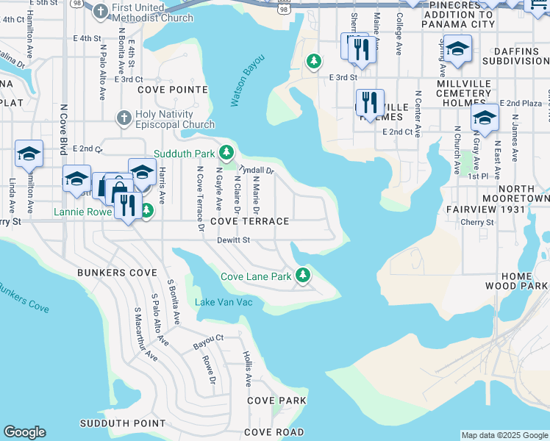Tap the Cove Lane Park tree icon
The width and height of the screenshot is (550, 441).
302,276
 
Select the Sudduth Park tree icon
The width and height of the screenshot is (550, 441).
227,152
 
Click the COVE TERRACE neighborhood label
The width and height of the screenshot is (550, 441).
249,221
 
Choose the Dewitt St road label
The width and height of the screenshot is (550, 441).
234,240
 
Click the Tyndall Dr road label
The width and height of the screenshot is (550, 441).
257,168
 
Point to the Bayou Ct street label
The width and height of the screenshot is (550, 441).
208,340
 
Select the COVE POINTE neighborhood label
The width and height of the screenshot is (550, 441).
172,90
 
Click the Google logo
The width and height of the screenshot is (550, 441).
24,432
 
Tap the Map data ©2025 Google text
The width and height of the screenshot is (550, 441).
504,435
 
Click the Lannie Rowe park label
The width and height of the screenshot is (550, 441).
82,212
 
